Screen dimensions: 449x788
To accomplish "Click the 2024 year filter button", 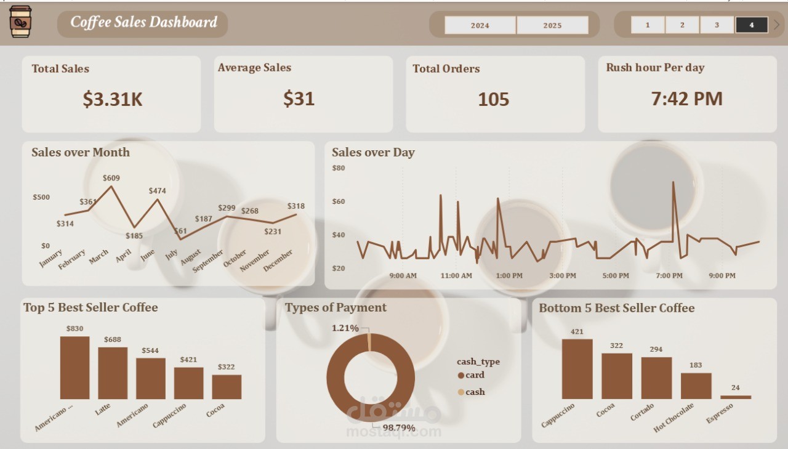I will click(x=480, y=25).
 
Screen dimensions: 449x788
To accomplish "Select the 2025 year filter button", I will click(x=552, y=25).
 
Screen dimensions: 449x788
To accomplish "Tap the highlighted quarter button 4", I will click(x=752, y=25).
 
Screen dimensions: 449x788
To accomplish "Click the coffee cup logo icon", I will click(x=21, y=22).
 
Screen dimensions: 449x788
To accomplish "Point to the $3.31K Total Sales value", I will click(x=113, y=99).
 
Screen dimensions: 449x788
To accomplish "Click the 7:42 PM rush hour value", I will click(x=687, y=99).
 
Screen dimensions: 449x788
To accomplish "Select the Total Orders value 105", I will click(x=494, y=99).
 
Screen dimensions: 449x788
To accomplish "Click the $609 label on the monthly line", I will click(x=111, y=178).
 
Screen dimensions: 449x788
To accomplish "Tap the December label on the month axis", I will click(x=278, y=261).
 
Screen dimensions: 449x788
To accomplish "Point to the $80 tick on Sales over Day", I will click(x=339, y=168).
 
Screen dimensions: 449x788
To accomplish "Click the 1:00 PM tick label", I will click(x=509, y=276).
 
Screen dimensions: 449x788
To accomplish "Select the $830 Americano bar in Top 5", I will click(x=74, y=368).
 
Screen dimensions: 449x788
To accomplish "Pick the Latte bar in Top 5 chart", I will click(x=113, y=373).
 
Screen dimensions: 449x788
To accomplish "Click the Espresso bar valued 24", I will click(x=736, y=397).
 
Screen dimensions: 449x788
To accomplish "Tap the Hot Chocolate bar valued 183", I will click(x=696, y=386).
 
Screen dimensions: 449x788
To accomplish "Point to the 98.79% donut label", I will click(x=399, y=427).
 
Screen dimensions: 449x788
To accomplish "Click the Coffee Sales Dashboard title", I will click(x=143, y=23).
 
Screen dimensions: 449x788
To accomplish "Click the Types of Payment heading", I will click(x=336, y=307).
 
